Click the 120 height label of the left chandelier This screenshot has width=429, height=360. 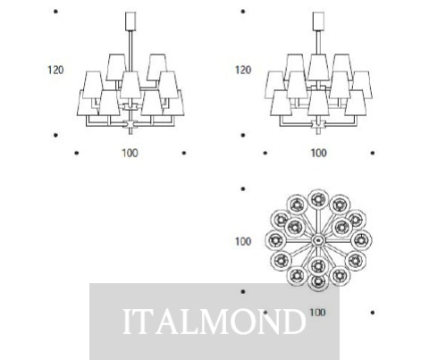(55, 70)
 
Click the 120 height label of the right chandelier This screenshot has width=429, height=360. (243, 70)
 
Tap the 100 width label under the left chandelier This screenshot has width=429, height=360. (130, 153)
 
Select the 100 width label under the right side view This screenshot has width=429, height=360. (319, 153)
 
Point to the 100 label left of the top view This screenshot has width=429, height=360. (243, 241)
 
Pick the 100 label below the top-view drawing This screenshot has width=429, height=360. (317, 313)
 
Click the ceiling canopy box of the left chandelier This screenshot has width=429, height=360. (130, 21)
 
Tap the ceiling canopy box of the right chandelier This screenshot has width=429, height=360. (318, 21)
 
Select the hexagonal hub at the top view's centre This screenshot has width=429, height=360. (318, 240)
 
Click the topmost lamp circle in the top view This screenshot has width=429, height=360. (318, 199)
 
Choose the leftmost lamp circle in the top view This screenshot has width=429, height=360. (275, 240)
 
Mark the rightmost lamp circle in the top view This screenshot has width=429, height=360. (361, 240)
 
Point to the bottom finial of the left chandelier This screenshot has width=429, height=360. (130, 130)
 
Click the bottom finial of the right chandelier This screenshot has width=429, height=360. (318, 130)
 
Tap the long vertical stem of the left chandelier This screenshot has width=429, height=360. (130, 51)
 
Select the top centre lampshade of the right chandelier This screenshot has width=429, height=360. (318, 67)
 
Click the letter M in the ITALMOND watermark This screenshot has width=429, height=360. (214, 322)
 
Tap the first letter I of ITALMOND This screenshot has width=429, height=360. (127, 322)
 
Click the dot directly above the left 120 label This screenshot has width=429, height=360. (55, 12)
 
